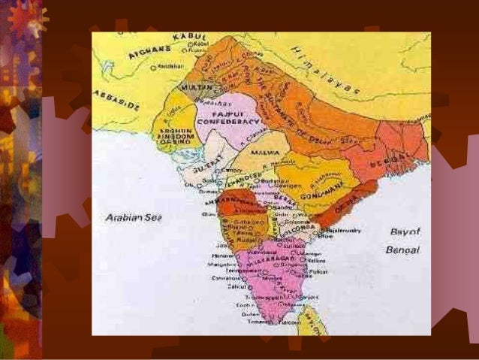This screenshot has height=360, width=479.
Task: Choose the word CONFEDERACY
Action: pos(228,120)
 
